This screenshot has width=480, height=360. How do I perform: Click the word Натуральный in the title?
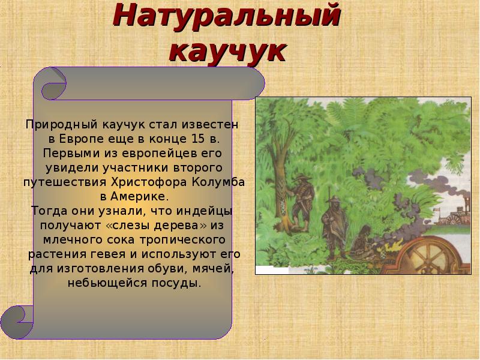tap(227, 16)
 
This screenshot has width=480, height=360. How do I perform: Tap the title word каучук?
tap(227, 50)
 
